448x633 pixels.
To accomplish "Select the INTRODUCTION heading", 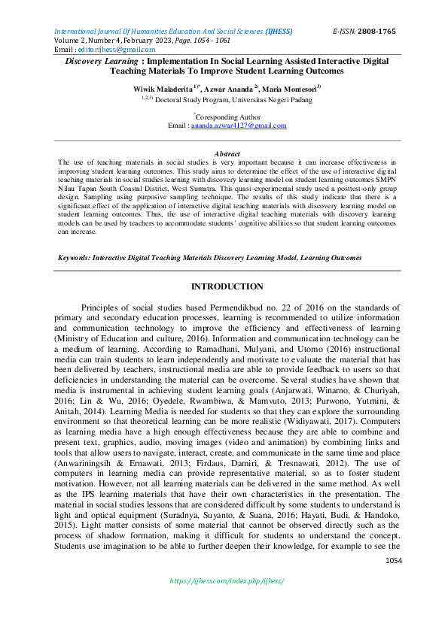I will point(227,286).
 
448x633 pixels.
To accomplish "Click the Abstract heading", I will point(227,153).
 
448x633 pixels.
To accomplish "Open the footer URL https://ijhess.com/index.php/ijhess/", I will point(227,581).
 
